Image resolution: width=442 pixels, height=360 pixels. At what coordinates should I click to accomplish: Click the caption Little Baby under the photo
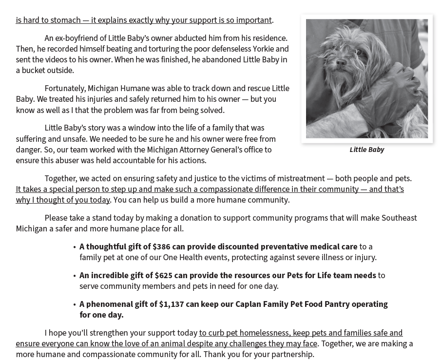tap(366, 150)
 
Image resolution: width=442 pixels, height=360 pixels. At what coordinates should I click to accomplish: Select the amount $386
tap(161, 247)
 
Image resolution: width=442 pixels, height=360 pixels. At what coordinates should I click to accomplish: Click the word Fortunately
tap(65, 89)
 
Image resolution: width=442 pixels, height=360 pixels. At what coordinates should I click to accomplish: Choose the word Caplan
tap(248, 304)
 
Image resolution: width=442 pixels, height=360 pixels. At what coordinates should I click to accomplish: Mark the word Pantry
tap(334, 304)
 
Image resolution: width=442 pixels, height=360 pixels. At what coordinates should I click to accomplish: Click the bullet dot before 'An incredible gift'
tap(75, 276)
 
